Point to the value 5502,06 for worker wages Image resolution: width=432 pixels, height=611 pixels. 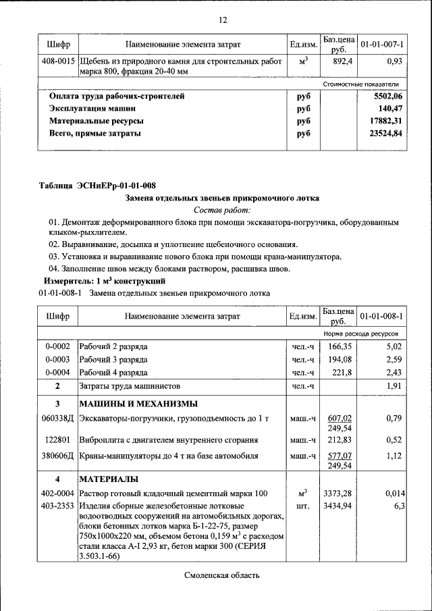387,97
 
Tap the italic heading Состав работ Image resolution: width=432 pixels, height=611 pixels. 222,211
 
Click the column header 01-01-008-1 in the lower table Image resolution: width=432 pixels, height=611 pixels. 381,316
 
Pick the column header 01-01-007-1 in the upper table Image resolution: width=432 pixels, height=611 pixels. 381,45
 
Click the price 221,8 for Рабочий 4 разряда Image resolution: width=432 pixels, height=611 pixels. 339,373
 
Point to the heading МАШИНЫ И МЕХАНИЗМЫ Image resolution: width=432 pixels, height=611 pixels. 138,404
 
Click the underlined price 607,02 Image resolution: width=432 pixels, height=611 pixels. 338,418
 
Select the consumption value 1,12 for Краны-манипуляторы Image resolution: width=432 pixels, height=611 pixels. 393,456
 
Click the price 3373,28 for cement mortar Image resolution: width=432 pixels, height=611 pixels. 338,494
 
